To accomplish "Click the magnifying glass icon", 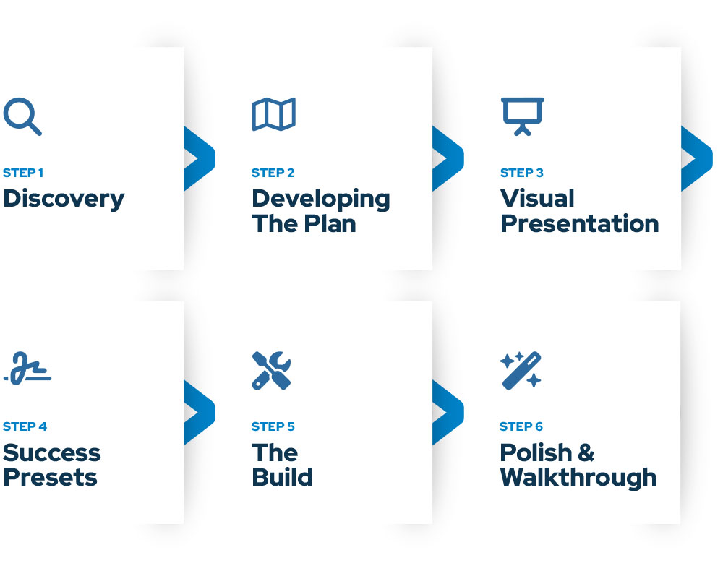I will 22,116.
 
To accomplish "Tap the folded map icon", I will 273,115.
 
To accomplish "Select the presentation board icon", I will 522,116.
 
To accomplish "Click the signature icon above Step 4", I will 27,369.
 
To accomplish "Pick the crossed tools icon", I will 272,370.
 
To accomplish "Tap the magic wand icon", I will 521,370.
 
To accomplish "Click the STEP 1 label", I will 23,173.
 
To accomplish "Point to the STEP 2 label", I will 273,173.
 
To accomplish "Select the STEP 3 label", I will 521,173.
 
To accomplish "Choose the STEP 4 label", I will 25,426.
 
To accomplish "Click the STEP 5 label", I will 273,426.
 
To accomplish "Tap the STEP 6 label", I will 521,426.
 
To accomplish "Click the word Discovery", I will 64,199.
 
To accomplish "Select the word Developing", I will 320,199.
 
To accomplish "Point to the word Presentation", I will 579,223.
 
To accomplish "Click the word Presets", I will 50,477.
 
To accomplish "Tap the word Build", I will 282,477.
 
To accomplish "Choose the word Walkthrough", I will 578,477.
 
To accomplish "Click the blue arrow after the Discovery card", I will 199,158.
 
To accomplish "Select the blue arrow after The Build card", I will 448,412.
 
